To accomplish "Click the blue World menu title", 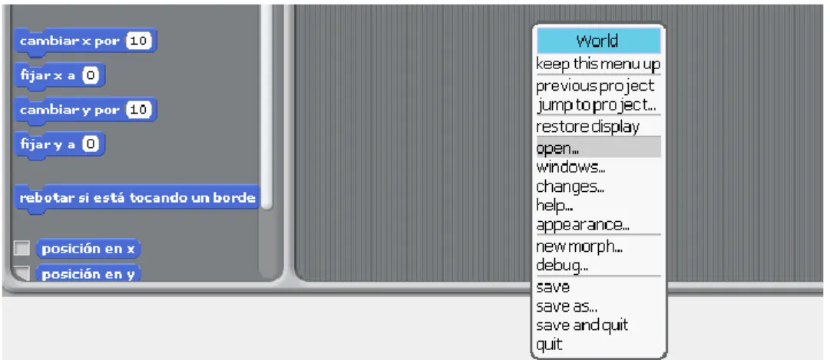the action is (599, 41).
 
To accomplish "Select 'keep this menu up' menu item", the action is (598, 64).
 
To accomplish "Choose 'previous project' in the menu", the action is (595, 86).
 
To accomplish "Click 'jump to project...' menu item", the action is (597, 105).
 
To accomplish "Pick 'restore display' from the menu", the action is (587, 127).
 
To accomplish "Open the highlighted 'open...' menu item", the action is (599, 147).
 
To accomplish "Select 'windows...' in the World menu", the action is (570, 167).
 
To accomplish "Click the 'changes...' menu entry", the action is (570, 187).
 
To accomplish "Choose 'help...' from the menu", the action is (555, 205).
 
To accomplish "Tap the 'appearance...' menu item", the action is (583, 225).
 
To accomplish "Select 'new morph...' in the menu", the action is (579, 246).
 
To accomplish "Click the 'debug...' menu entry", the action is (562, 266).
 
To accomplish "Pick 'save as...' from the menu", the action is (567, 306).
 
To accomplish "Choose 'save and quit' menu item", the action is (582, 325).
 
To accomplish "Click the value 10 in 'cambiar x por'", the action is (139, 41).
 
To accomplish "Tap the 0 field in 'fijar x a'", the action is (91, 76).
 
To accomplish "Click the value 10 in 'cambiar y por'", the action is (139, 110).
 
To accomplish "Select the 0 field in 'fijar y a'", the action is (91, 144).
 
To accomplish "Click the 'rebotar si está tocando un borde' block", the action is (137, 198).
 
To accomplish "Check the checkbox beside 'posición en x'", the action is (21, 248).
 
